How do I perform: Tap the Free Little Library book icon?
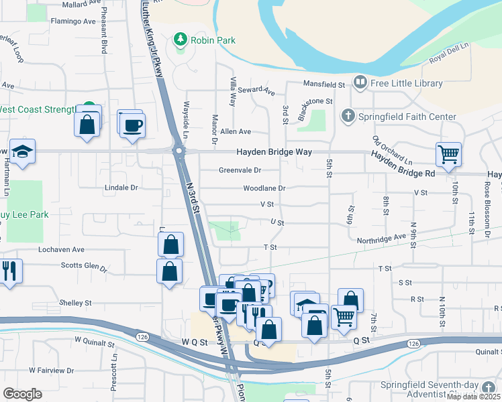(x=360, y=83)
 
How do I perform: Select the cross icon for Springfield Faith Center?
(x=348, y=117)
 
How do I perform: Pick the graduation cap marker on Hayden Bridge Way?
(x=22, y=151)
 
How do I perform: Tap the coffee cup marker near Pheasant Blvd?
(x=132, y=124)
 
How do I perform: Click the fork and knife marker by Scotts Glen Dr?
(x=9, y=271)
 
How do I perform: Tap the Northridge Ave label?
(x=381, y=237)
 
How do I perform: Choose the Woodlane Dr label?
(x=263, y=188)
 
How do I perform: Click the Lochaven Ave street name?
(x=61, y=249)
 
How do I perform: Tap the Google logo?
(x=22, y=393)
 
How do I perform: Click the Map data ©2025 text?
(x=473, y=397)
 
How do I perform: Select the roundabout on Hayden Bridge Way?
(x=179, y=151)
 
